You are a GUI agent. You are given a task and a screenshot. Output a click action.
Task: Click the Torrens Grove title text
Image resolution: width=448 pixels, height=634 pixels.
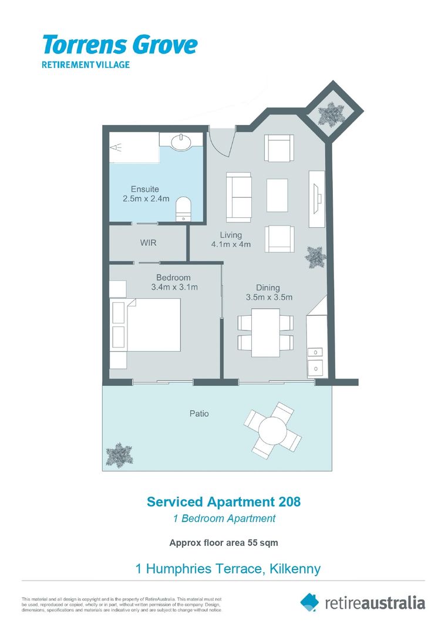pos(119,45)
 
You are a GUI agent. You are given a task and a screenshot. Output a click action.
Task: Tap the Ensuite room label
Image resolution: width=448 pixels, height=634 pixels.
pos(146,189)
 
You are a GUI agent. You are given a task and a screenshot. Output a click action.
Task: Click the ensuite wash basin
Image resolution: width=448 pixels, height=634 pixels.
pos(180,141)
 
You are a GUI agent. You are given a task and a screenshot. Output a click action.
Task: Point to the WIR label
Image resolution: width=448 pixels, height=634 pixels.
pos(148,242)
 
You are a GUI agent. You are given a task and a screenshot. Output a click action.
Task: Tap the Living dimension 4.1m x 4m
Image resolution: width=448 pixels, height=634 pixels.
pos(231,244)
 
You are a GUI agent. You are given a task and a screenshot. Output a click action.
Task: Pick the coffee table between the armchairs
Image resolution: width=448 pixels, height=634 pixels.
pos(277,195)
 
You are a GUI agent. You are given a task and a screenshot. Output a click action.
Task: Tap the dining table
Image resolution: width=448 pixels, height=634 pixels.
pos(265,332)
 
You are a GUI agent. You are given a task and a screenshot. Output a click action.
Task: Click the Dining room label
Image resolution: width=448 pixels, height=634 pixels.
pos(268,288)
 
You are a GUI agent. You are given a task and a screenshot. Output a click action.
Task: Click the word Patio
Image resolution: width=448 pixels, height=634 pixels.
pos(198,413)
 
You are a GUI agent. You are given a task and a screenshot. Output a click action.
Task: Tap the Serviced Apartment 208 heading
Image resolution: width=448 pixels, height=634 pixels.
pos(223,502)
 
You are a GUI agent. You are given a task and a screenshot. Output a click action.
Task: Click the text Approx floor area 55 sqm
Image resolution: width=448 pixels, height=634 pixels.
pos(223,543)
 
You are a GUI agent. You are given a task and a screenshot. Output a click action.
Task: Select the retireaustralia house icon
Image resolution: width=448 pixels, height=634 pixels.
pos(310,602)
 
